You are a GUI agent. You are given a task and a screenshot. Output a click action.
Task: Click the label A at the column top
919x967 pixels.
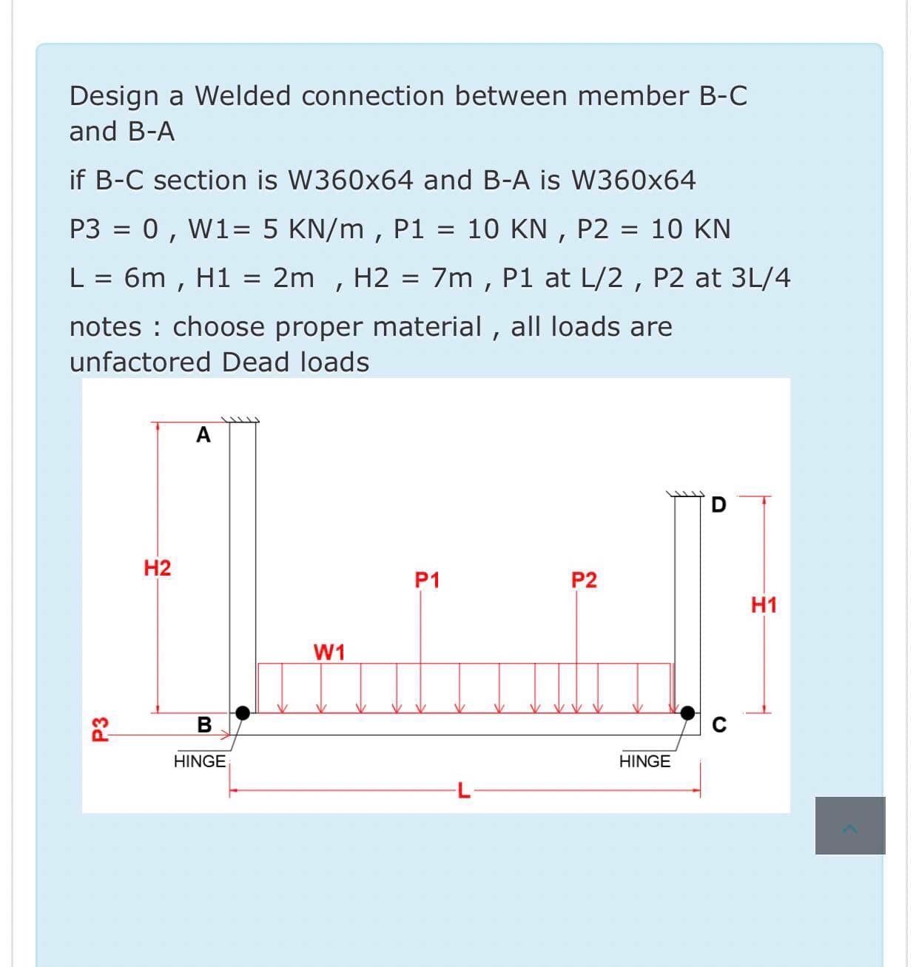coord(203,435)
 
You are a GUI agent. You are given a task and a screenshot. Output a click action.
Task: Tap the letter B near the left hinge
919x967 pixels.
coord(204,724)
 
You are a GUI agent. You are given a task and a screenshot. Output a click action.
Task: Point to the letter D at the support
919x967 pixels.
coord(718,506)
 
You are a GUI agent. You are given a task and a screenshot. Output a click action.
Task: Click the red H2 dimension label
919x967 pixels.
coord(157,568)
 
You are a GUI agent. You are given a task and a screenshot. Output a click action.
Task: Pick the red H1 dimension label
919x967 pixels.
coord(764,605)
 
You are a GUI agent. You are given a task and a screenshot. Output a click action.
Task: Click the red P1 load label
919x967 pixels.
coord(427,580)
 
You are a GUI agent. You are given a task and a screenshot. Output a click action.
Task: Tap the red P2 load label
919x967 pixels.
coord(584,580)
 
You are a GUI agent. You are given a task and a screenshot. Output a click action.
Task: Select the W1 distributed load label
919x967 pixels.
coord(329,653)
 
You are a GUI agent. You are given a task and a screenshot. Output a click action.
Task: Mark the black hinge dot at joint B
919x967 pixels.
coord(242,712)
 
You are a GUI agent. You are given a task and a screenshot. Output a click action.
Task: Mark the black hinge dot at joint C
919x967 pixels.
coord(688,712)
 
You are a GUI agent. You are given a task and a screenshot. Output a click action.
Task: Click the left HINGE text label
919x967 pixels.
coord(200,761)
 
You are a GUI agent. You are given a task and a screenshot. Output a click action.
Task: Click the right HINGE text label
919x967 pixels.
coord(644,761)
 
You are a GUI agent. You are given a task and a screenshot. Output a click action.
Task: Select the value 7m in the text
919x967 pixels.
coord(451,277)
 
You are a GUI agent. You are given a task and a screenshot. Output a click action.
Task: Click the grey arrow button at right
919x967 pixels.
coord(850,826)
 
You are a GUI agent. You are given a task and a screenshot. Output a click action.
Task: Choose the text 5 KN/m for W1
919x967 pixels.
coord(313,229)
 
